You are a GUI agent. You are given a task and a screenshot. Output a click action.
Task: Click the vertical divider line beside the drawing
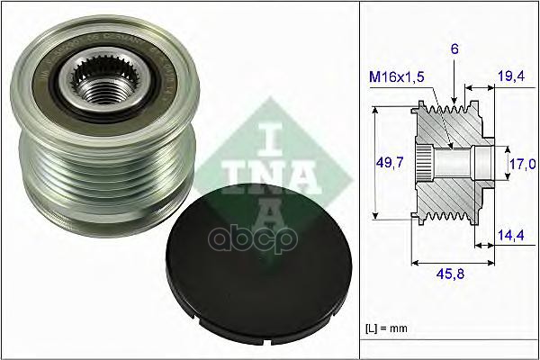point(359,180)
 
